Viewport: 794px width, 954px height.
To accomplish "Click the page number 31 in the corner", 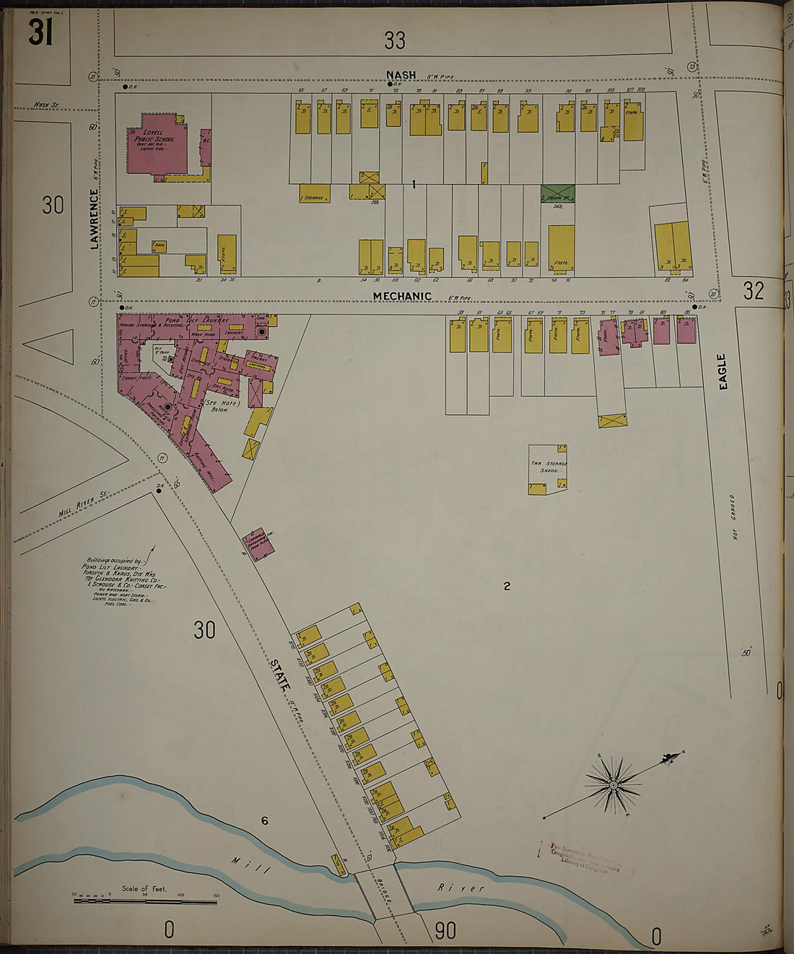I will pyautogui.click(x=40, y=32).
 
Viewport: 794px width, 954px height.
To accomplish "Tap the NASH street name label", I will pyautogui.click(x=401, y=75).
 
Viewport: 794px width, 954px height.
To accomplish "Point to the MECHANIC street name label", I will pyautogui.click(x=402, y=296).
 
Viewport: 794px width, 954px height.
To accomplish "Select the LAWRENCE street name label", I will pyautogui.click(x=95, y=219).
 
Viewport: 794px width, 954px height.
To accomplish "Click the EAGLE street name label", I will pyautogui.click(x=722, y=371).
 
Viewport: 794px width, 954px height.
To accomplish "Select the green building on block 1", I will pyautogui.click(x=557, y=193).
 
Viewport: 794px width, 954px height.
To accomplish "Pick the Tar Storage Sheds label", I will pyautogui.click(x=549, y=467).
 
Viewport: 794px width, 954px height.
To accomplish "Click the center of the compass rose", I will pyautogui.click(x=613, y=784).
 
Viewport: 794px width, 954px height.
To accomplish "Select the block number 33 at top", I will pyautogui.click(x=395, y=41).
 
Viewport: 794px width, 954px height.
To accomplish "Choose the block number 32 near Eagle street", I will pyautogui.click(x=753, y=290).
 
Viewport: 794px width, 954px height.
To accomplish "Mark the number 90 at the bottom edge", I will pyautogui.click(x=445, y=931).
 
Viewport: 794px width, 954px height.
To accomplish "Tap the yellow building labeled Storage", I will pyautogui.click(x=314, y=193).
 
